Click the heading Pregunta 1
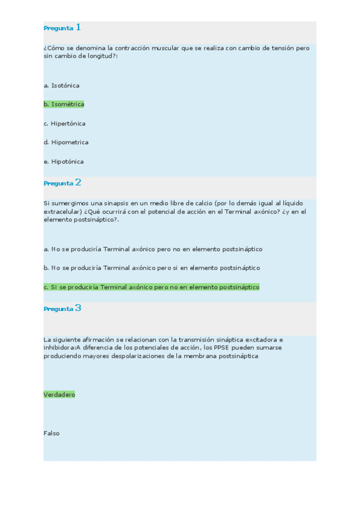pyautogui.click(x=62, y=28)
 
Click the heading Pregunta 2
pyautogui.click(x=62, y=183)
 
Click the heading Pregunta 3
pyautogui.click(x=62, y=309)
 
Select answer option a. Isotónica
pyautogui.click(x=61, y=85)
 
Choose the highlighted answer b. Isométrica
pyautogui.click(x=64, y=104)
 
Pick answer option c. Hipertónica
pyautogui.click(x=64, y=124)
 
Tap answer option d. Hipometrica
pyautogui.click(x=66, y=143)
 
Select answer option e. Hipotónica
pyautogui.click(x=64, y=161)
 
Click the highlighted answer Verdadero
pyautogui.click(x=59, y=394)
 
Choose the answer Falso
pyautogui.click(x=52, y=433)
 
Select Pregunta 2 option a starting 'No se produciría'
pyautogui.click(x=153, y=248)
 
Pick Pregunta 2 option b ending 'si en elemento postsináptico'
pyautogui.click(x=152, y=268)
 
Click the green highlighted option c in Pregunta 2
pyautogui.click(x=151, y=287)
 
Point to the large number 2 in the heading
pyautogui.click(x=78, y=182)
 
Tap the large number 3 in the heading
pyautogui.click(x=78, y=308)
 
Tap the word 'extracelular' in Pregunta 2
pyautogui.click(x=62, y=211)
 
